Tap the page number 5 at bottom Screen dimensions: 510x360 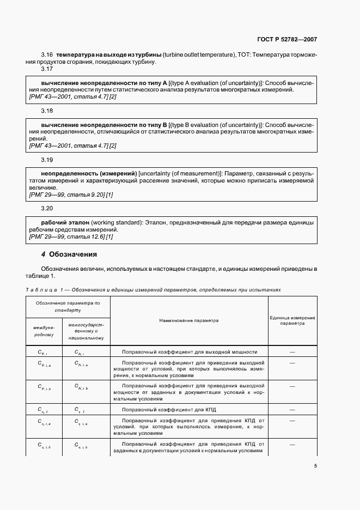(x=315, y=465)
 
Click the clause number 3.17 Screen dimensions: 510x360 (x=47, y=69)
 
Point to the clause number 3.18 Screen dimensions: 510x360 (x=47, y=111)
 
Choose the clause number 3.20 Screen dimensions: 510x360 (x=47, y=208)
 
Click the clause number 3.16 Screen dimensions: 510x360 (x=47, y=54)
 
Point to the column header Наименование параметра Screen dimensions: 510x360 (x=189, y=320)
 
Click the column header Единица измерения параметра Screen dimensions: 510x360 (x=292, y=320)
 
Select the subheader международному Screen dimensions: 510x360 (x=44, y=331)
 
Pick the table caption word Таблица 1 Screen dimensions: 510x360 (x=45, y=290)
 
